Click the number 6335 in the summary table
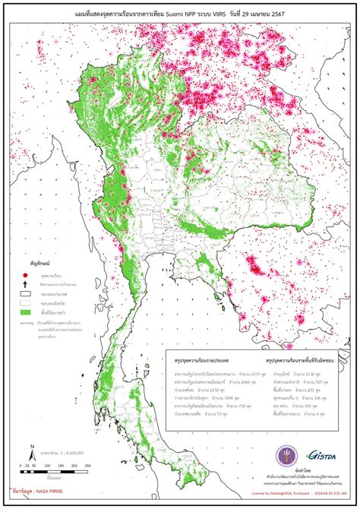click(x=238, y=375)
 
